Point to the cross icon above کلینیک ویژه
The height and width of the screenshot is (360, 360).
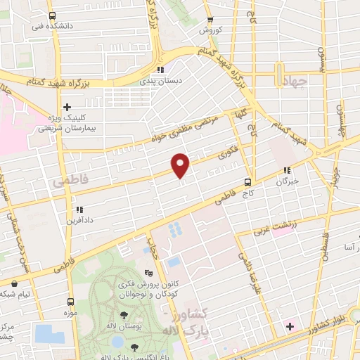tap(67, 107)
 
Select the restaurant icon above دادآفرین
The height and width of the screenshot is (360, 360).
tap(79, 209)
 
